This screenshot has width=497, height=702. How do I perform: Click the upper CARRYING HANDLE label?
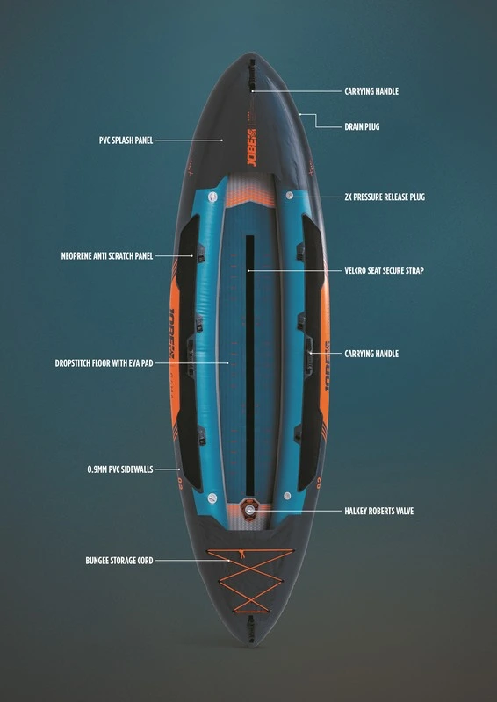pyautogui.click(x=371, y=91)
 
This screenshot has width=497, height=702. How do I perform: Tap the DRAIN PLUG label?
pyautogui.click(x=362, y=126)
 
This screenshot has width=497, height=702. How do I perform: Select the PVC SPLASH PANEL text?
pyautogui.click(x=126, y=140)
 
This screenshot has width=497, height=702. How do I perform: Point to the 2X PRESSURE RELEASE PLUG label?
pyautogui.click(x=385, y=197)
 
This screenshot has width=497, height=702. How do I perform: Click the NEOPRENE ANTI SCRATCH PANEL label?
pyautogui.click(x=107, y=256)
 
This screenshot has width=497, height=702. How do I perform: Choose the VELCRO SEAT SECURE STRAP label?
pyautogui.click(x=384, y=270)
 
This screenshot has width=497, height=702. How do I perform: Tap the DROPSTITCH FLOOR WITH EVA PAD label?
pyautogui.click(x=104, y=363)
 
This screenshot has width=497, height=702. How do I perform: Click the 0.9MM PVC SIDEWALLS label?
pyautogui.click(x=120, y=469)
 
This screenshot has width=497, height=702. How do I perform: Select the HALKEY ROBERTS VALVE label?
pyautogui.click(x=378, y=511)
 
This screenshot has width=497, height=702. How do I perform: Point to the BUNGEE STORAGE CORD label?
pyautogui.click(x=119, y=561)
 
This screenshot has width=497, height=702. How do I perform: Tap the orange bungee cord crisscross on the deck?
pyautogui.click(x=250, y=581)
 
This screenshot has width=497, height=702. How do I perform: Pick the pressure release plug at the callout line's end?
pyautogui.click(x=290, y=195)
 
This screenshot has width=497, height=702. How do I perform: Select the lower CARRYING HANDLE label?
pyautogui.click(x=371, y=355)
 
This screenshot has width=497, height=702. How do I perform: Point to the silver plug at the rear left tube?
pyautogui.click(x=212, y=498)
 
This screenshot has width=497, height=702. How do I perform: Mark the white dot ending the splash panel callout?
pyautogui.click(x=222, y=140)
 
